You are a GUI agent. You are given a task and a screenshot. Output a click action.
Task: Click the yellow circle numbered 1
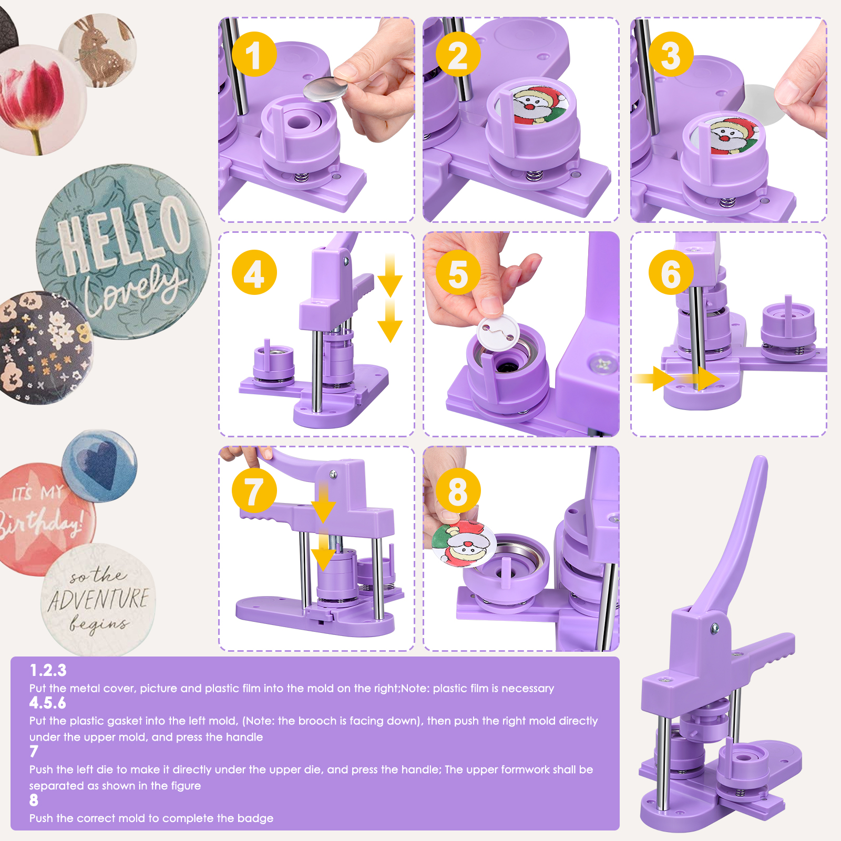click(254, 54)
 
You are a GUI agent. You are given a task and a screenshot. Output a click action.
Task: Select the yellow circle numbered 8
click(458, 490)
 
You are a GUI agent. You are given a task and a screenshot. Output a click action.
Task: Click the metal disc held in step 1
click(325, 88)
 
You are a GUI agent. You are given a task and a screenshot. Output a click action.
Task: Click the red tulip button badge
click(37, 100)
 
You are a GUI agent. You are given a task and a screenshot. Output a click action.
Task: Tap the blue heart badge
click(99, 465)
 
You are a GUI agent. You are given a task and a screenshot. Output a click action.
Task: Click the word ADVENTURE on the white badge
click(99, 600)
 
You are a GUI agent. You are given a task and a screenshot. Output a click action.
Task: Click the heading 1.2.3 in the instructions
click(48, 670)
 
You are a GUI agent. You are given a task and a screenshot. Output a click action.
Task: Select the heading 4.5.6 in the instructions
click(48, 703)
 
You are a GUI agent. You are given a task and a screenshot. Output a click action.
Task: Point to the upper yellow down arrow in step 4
click(389, 276)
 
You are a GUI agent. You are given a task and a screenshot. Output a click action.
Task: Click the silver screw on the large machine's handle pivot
click(714, 628)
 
